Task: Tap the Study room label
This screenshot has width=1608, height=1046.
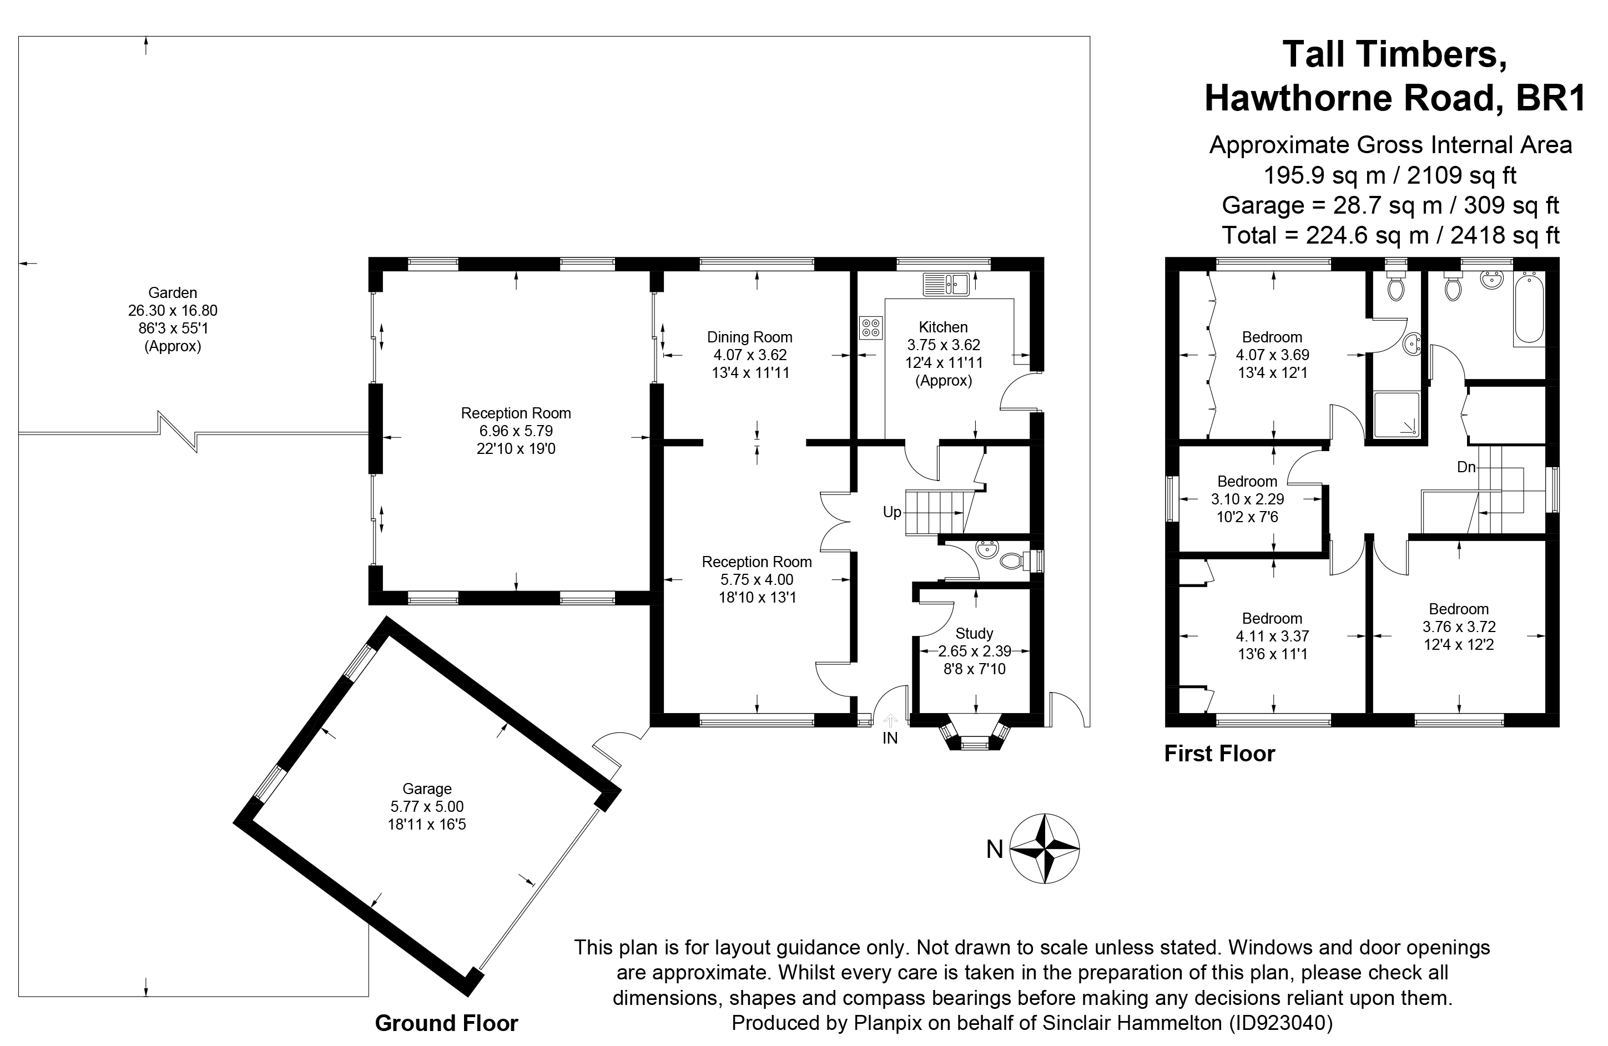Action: coord(974,633)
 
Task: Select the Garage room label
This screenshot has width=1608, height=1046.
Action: coord(426,788)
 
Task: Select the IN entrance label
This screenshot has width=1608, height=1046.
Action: coord(890,739)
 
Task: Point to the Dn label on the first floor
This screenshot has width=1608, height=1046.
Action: coord(1465,467)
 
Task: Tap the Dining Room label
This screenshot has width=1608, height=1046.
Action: coord(749,337)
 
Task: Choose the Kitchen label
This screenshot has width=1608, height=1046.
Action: coord(943,327)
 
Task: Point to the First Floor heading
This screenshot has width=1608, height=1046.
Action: coord(1219,754)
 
